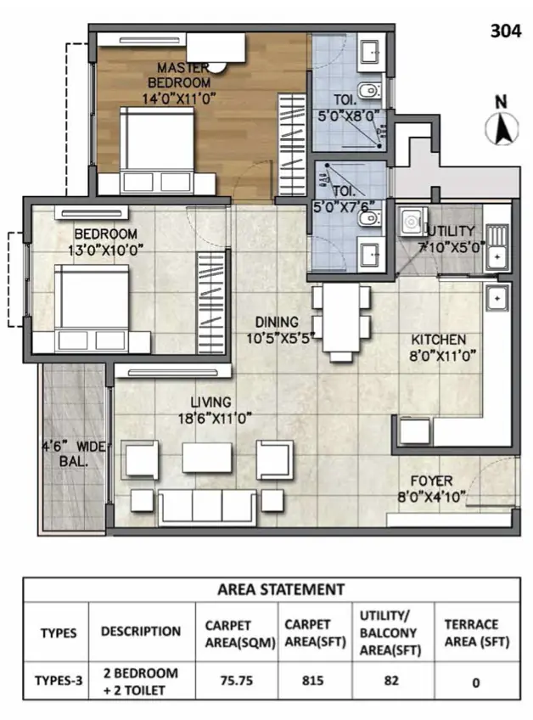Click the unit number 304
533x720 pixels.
click(x=506, y=31)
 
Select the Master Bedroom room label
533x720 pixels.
click(x=179, y=76)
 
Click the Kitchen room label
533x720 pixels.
click(x=439, y=340)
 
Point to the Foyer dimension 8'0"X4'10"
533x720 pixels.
click(x=431, y=497)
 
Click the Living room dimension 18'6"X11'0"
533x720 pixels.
click(x=215, y=419)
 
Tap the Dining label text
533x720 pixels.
click(x=277, y=322)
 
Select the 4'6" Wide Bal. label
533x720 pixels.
click(x=74, y=453)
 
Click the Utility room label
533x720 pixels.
click(x=451, y=231)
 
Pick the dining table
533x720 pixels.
click(x=341, y=318)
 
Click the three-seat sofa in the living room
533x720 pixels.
click(x=207, y=507)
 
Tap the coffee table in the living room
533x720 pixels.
click(x=207, y=457)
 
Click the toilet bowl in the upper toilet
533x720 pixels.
click(x=368, y=91)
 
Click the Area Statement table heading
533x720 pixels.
click(x=281, y=589)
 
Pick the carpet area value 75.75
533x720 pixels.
click(x=237, y=680)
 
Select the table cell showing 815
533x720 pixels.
click(x=312, y=680)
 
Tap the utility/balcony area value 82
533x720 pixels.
click(x=391, y=680)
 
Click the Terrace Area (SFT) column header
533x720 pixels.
click(x=476, y=633)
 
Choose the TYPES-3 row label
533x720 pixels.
click(x=59, y=680)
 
